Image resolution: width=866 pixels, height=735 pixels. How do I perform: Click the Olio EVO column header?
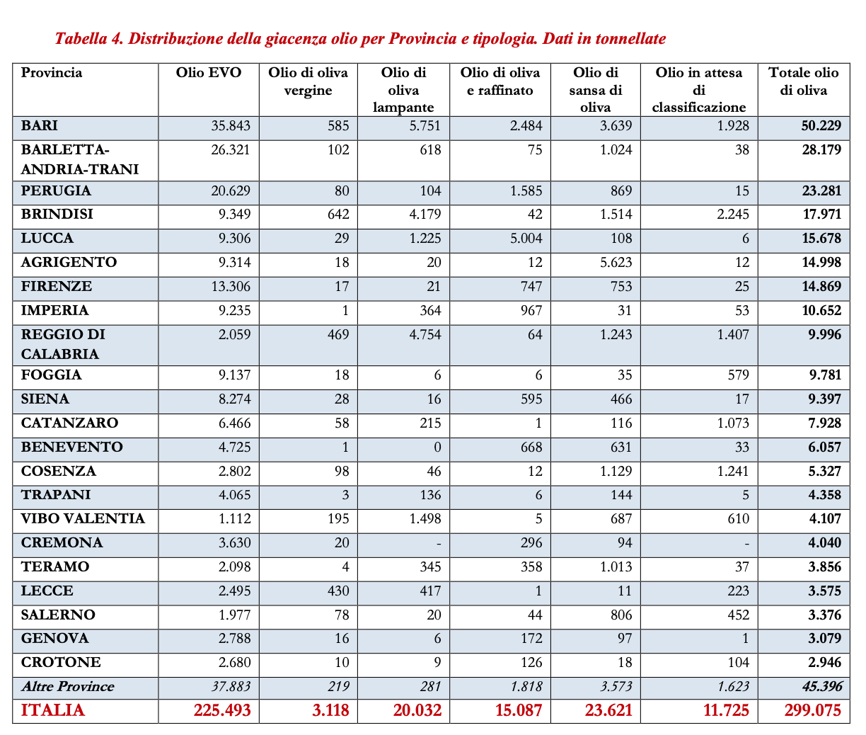tap(209, 73)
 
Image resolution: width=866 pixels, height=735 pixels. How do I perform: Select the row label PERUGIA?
tap(56, 191)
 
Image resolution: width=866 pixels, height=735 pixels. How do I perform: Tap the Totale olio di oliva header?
tap(803, 81)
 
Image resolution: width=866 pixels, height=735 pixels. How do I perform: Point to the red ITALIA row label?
tap(53, 711)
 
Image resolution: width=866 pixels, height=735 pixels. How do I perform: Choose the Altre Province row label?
tap(67, 687)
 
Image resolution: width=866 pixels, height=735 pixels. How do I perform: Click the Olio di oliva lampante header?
tap(403, 90)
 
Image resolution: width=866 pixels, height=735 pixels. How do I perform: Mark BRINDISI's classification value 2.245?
tap(732, 215)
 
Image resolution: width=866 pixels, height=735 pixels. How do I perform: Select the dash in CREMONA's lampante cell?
tap(439, 544)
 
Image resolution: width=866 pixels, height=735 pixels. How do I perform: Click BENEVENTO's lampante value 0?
tap(437, 448)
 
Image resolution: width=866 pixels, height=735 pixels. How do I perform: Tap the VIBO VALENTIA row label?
tap(83, 519)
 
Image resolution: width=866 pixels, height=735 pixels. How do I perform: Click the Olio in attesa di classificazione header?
tap(698, 90)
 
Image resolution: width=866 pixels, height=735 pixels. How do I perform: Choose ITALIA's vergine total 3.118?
tap(330, 711)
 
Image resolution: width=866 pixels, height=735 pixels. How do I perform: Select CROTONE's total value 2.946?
tap(820, 663)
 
